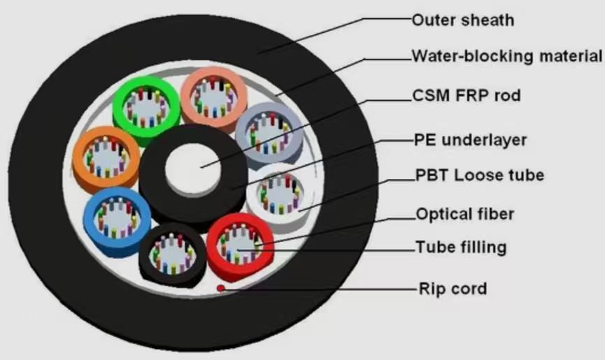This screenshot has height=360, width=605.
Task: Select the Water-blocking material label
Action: (506, 56)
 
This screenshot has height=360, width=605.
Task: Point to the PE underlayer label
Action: (469, 141)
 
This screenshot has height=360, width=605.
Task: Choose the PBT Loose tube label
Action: (479, 175)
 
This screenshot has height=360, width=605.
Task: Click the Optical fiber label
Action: (464, 214)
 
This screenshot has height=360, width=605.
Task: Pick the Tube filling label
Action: (460, 247)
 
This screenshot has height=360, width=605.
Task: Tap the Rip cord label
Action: (452, 288)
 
